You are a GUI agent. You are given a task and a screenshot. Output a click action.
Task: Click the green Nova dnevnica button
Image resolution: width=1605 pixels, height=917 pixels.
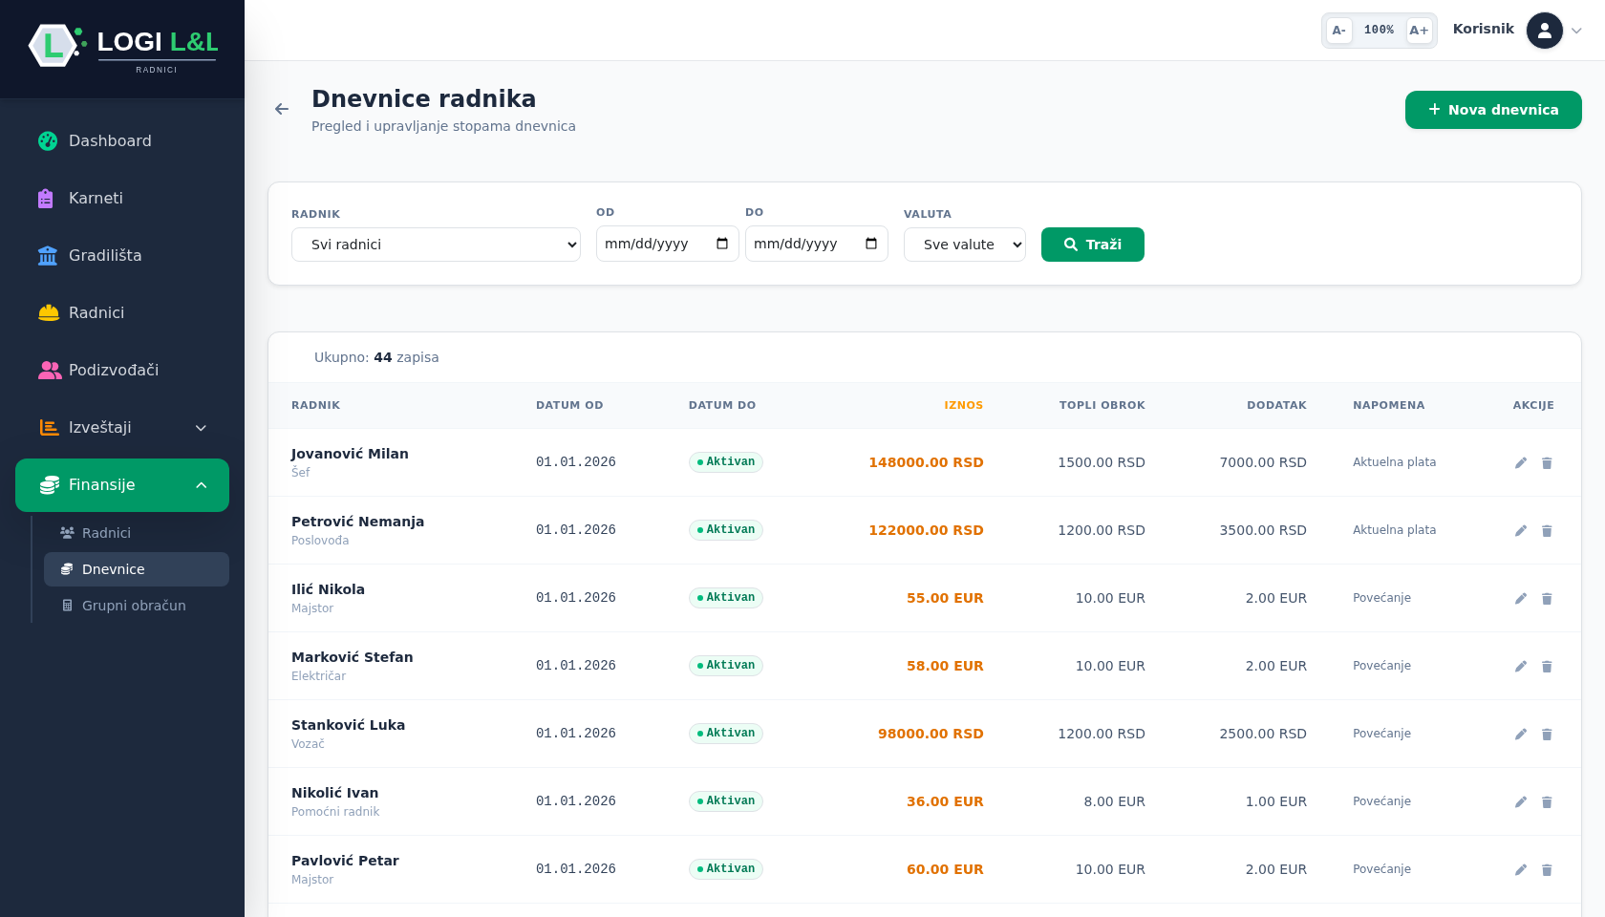click(x=1493, y=110)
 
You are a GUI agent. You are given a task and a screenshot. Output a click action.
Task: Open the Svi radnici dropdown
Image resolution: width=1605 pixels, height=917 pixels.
click(x=436, y=245)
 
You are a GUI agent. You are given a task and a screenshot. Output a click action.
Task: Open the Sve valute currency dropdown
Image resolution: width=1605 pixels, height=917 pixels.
click(x=965, y=245)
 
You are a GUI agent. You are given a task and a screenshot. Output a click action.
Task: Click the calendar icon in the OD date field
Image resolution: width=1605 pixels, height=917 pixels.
click(x=722, y=244)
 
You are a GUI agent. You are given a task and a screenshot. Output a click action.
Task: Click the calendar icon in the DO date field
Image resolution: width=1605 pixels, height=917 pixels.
click(x=871, y=244)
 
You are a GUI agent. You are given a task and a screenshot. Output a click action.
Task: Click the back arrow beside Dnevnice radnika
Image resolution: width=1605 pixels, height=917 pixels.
click(x=282, y=109)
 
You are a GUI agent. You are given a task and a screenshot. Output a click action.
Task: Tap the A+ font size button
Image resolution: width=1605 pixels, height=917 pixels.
click(x=1419, y=31)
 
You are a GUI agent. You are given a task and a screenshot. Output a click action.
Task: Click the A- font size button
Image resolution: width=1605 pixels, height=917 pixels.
click(x=1338, y=31)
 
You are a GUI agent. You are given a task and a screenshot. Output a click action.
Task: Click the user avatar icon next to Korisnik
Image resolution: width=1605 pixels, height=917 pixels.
click(x=1545, y=31)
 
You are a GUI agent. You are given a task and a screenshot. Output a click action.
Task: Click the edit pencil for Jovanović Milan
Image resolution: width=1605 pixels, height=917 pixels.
click(x=1521, y=462)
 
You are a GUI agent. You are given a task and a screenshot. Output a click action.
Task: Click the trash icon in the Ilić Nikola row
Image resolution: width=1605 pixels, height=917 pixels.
click(x=1547, y=598)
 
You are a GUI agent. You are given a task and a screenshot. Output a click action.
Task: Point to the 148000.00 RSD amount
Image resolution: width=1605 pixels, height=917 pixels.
click(x=926, y=462)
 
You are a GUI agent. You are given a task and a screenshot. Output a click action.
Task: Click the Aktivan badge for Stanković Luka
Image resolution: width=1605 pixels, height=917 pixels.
click(x=726, y=733)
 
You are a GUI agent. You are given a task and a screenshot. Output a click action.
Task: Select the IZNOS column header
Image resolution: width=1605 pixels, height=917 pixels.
click(x=963, y=405)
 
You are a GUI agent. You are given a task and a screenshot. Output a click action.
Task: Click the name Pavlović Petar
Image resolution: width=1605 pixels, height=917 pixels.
click(x=345, y=861)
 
